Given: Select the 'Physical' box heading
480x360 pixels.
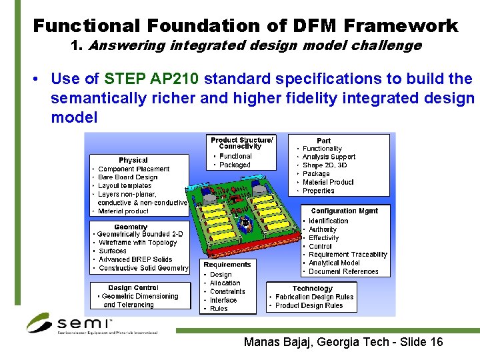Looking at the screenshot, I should point(133,160).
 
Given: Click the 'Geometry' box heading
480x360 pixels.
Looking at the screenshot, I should point(131,227).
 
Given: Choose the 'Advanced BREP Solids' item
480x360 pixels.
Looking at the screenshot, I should point(135,259).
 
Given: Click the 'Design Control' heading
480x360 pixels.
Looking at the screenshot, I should point(133,288).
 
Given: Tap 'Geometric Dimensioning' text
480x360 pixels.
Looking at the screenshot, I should point(140,297).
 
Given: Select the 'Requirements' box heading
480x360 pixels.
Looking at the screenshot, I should point(227,265).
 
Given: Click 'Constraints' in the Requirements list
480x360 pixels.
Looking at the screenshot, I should point(227,291).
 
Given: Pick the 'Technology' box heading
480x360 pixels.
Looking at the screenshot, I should point(312,288).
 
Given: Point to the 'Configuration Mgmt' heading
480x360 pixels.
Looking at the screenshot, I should point(344,211).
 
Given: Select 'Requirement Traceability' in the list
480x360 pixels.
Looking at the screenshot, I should point(348,255).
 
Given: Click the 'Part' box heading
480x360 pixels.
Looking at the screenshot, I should point(323,140).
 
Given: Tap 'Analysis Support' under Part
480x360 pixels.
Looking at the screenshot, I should point(329,157).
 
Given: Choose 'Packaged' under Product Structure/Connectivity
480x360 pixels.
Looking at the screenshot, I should point(235,165).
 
